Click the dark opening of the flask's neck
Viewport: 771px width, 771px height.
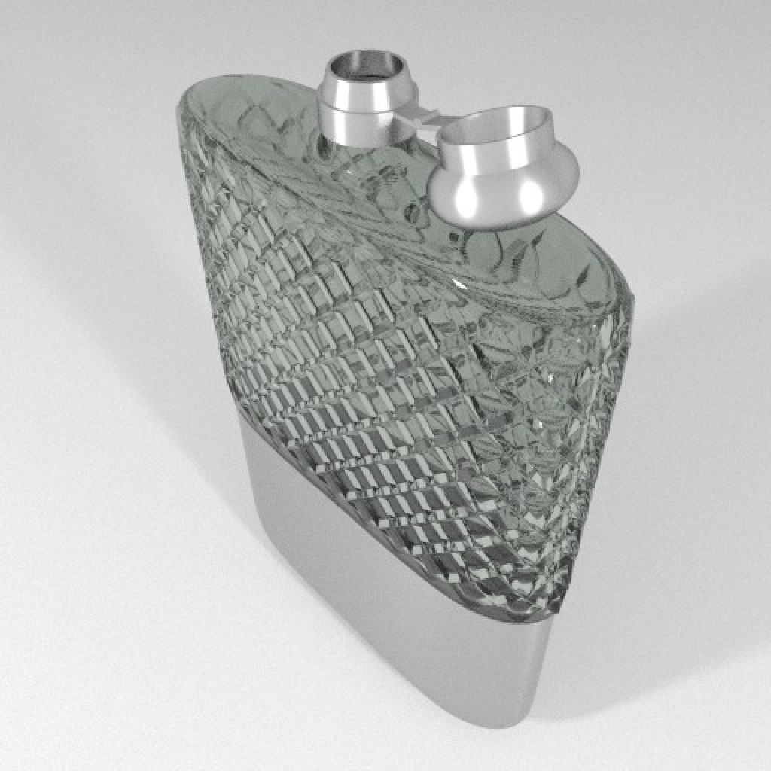tap(367, 68)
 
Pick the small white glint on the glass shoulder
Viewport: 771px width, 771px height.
tap(459, 284)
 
